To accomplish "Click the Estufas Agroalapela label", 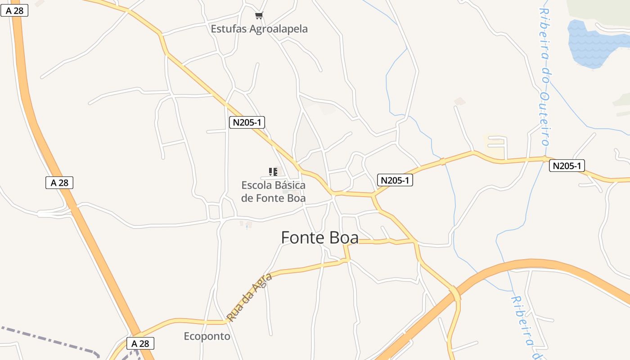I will pyautogui.click(x=259, y=29).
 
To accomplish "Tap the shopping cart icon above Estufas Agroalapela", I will pyautogui.click(x=259, y=16).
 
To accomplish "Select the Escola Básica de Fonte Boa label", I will pyautogui.click(x=273, y=191).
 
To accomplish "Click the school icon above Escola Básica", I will pyautogui.click(x=273, y=171).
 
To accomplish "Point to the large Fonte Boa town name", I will pyautogui.click(x=319, y=237).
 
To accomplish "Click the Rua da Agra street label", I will pyautogui.click(x=250, y=297).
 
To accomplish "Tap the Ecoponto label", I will pyautogui.click(x=207, y=336).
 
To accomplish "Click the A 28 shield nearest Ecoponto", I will pyautogui.click(x=140, y=343).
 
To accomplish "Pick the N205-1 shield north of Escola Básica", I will pyautogui.click(x=246, y=122).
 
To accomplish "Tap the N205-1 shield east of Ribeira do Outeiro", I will pyautogui.click(x=567, y=166).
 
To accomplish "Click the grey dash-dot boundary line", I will pyautogui.click(x=49, y=341).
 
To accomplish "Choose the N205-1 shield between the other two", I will pyautogui.click(x=395, y=180).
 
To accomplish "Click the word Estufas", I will pyautogui.click(x=227, y=29).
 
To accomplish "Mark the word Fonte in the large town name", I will pyautogui.click(x=302, y=237).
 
